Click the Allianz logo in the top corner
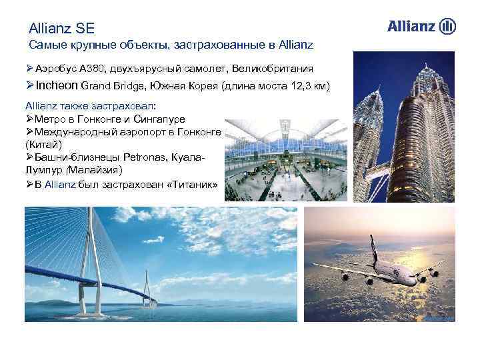pos(421,27)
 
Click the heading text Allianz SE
pos(62,29)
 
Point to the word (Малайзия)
pos(97,169)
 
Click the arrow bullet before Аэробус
pos(29,69)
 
